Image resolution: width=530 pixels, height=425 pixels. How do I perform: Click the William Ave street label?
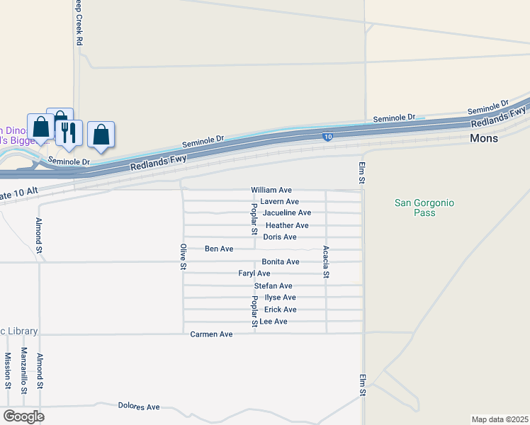[x=271, y=191]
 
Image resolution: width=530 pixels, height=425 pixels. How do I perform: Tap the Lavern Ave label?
[x=279, y=202]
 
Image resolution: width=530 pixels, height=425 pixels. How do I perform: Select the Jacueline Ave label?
[x=286, y=213]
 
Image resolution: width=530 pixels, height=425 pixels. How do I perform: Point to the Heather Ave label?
[x=286, y=225]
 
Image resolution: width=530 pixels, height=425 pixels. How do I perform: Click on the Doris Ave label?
[x=279, y=237]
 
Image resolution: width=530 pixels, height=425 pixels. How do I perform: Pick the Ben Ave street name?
[x=218, y=249]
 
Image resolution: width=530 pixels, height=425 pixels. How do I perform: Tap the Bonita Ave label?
[x=280, y=262]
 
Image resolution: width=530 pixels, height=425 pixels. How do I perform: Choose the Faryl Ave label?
[x=254, y=273]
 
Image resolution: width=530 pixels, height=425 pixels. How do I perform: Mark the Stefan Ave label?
[x=273, y=286]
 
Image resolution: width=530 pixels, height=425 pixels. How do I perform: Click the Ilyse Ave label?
[x=279, y=297]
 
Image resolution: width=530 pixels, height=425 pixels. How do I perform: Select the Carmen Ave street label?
[x=211, y=334]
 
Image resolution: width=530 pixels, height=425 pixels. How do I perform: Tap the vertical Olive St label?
[x=183, y=256]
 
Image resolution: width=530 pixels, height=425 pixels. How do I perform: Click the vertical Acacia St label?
[x=326, y=261]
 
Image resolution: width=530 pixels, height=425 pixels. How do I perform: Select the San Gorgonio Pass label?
[x=424, y=208]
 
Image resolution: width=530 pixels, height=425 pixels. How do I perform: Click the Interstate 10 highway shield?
[x=327, y=137]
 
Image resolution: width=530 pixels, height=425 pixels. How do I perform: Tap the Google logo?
[x=23, y=416]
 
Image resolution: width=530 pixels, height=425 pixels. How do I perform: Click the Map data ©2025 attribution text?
[x=500, y=419]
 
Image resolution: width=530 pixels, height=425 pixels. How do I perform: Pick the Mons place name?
[x=484, y=138]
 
